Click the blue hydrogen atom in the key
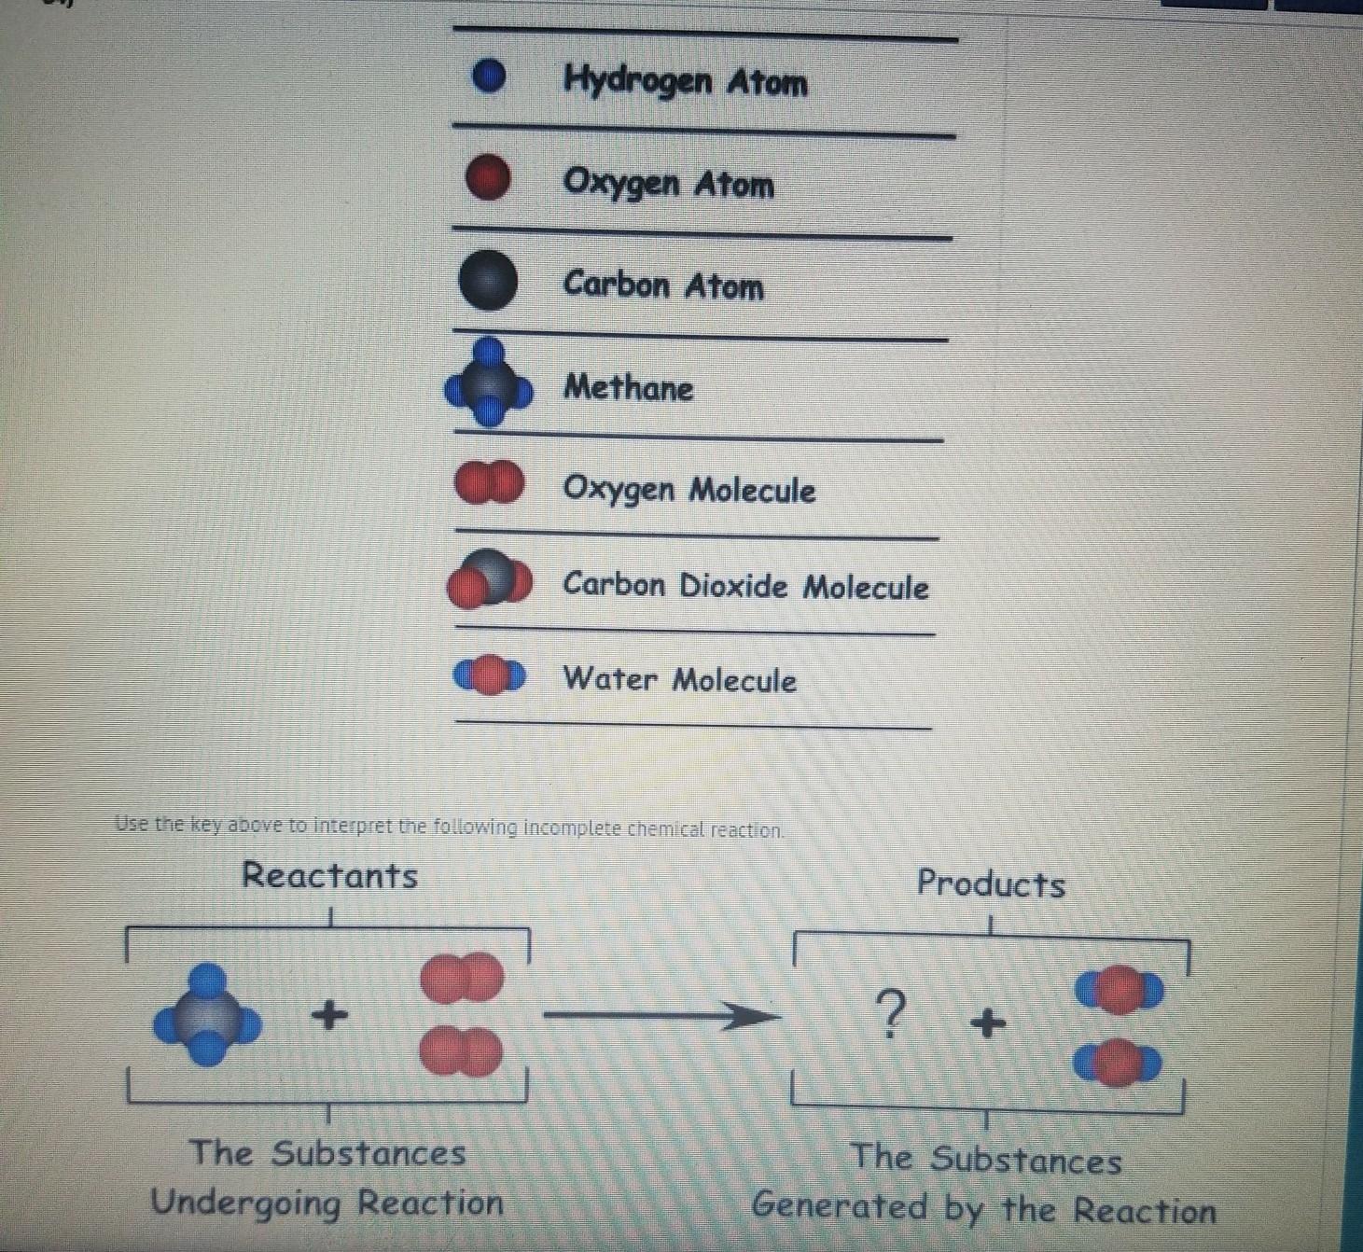pyautogui.click(x=488, y=77)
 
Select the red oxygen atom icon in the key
pyautogui.click(x=488, y=178)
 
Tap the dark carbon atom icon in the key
pyautogui.click(x=488, y=280)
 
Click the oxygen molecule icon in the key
pyautogui.click(x=489, y=483)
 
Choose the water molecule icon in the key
pyautogui.click(x=489, y=675)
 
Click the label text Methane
pyautogui.click(x=628, y=387)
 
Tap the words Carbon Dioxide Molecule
pyautogui.click(x=744, y=586)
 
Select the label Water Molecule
pyautogui.click(x=679, y=679)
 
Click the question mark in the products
pyautogui.click(x=891, y=1014)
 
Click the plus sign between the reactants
pyautogui.click(x=328, y=1013)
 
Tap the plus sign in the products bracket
pyautogui.click(x=988, y=1023)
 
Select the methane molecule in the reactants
pyautogui.click(x=207, y=1015)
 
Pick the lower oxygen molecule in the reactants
pyautogui.click(x=461, y=1051)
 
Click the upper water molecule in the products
pyautogui.click(x=1119, y=990)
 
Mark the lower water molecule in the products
pyautogui.click(x=1117, y=1063)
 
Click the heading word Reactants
pyautogui.click(x=329, y=875)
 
